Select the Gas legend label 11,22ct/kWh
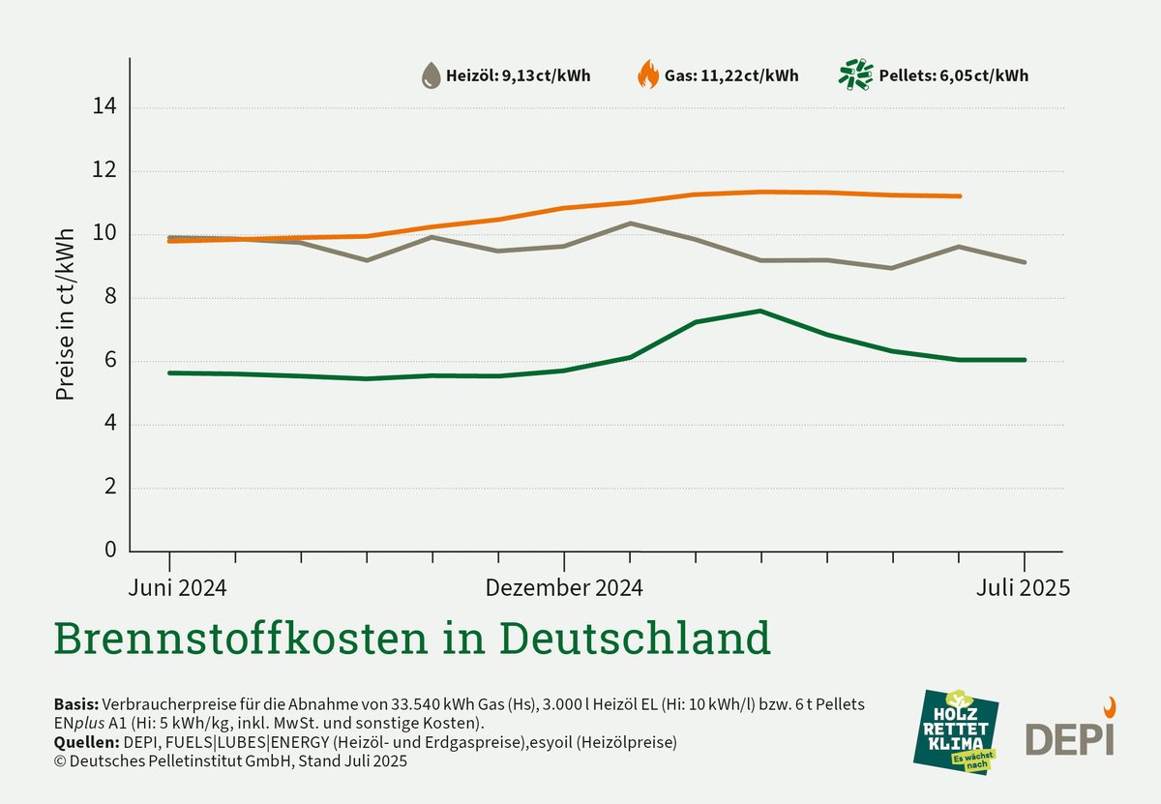point(731,75)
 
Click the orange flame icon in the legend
point(647,74)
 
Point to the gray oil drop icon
point(430,75)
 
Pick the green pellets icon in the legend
point(855,74)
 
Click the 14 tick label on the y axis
point(104,107)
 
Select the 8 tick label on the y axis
point(109,298)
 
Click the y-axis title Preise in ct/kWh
point(66,316)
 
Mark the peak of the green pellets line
point(760,311)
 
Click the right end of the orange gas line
point(959,196)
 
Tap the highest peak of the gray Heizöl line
point(630,223)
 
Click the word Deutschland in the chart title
point(635,639)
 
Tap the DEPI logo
point(1070,733)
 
